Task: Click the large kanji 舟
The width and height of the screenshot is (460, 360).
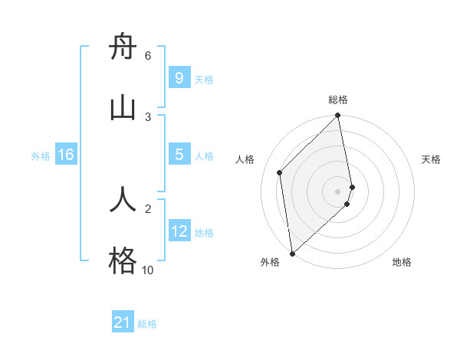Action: coord(123,47)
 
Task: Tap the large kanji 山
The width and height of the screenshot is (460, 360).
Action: coord(123,108)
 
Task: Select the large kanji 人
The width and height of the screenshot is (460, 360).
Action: coord(123,199)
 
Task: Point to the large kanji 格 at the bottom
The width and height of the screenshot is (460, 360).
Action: coord(123,260)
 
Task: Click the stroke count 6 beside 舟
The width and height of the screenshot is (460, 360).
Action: coord(148,55)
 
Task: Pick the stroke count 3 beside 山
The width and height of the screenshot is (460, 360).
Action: coord(148,116)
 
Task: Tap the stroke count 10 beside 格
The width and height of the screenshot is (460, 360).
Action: coord(147,270)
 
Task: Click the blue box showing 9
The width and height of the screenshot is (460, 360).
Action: coord(179,78)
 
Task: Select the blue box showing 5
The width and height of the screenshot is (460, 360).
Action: coord(179,155)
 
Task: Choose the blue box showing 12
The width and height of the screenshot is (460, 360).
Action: coord(179,231)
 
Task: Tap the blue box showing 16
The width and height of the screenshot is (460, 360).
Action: coord(66,155)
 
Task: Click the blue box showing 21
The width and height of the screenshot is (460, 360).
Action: coord(123,322)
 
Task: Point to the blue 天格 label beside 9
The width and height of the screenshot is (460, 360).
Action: coord(204,80)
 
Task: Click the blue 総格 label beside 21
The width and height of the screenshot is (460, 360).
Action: coord(147,324)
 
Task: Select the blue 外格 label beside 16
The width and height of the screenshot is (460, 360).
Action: coord(41,156)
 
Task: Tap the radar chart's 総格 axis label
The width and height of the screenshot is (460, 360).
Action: coord(338,100)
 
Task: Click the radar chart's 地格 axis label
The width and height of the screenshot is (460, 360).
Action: coord(402,262)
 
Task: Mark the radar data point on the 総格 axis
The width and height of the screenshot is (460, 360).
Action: coord(338,116)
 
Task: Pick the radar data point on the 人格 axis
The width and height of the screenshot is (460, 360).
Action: coord(280,172)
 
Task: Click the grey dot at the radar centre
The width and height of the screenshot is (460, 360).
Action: coord(338,191)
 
